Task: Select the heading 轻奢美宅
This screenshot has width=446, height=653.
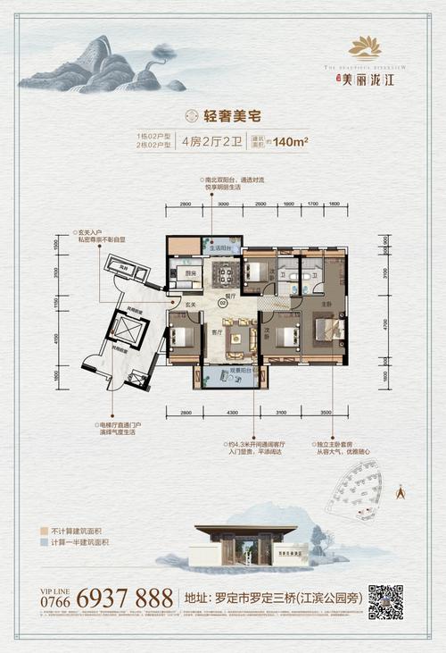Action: (x=222, y=114)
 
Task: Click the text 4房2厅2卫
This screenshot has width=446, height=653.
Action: (x=208, y=139)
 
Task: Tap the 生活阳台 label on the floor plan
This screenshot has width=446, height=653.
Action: (x=220, y=248)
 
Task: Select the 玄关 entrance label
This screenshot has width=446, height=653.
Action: (x=189, y=306)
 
